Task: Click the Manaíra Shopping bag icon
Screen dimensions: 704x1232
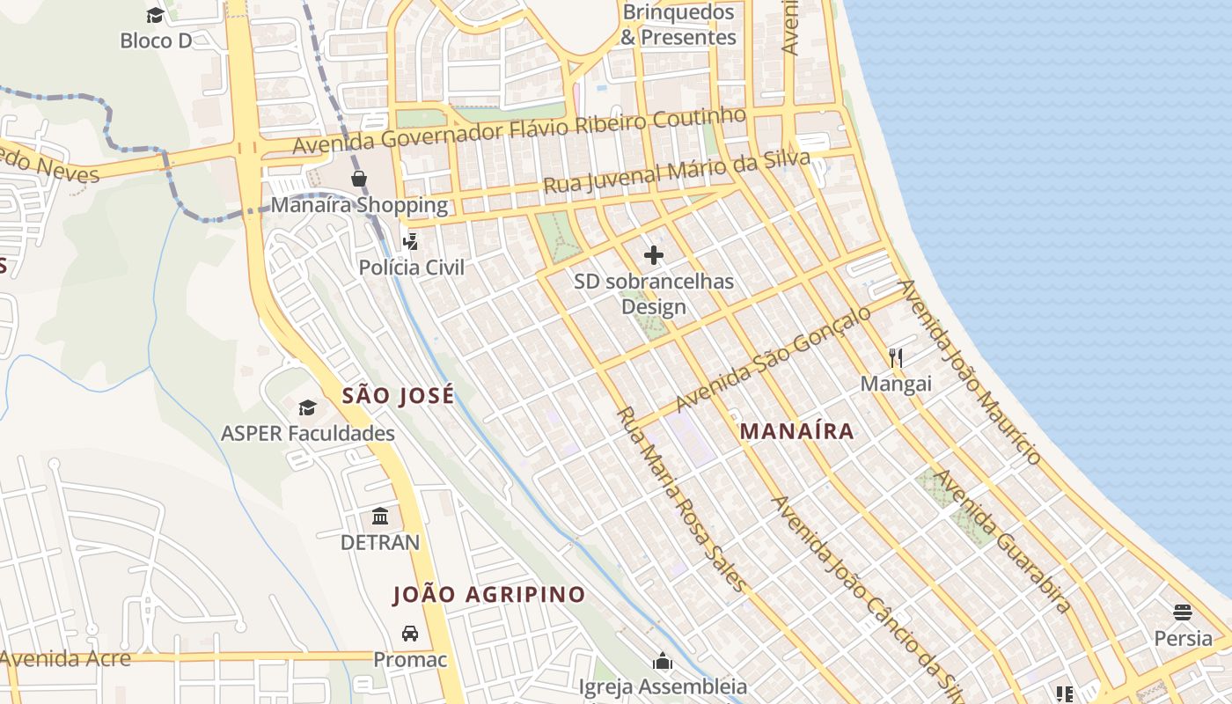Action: point(359,179)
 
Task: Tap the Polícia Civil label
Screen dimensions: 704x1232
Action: point(411,267)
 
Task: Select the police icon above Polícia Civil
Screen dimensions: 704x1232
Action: point(410,240)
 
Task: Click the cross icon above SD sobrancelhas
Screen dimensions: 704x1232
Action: point(653,255)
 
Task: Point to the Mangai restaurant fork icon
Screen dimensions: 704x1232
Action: point(896,357)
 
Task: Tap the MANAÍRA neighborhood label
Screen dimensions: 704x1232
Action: point(796,431)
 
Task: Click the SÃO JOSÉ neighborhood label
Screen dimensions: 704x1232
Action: point(398,396)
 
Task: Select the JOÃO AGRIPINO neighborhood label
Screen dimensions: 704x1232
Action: point(488,594)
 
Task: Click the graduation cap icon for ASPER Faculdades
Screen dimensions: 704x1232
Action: point(307,407)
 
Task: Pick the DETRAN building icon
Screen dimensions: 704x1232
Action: point(380,516)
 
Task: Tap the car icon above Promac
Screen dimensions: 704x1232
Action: point(410,633)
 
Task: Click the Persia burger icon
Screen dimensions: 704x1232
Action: point(1183,612)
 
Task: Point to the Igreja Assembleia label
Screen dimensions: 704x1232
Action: point(663,686)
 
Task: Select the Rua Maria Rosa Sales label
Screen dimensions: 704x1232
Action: point(681,499)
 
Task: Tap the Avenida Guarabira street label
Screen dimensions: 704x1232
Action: point(1002,540)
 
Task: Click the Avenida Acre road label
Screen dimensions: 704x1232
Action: point(65,658)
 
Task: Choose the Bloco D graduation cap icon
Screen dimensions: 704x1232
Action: point(155,15)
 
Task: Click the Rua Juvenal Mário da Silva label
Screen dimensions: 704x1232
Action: point(676,172)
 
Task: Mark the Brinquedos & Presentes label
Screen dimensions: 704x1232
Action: point(678,25)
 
